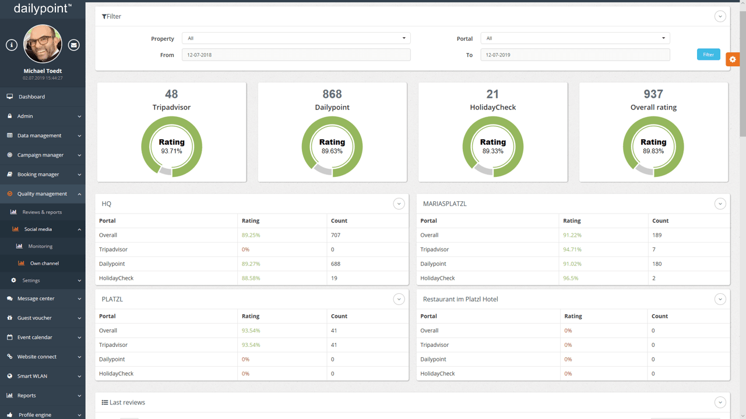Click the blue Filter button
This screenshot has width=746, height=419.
[x=708, y=55]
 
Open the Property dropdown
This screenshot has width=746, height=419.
[x=296, y=38]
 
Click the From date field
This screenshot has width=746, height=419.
[x=296, y=55]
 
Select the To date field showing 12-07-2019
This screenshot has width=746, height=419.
[x=575, y=55]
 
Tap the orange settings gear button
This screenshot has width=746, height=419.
[x=733, y=59]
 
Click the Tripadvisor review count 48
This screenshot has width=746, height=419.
[x=171, y=94]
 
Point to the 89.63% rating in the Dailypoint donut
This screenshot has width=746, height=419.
[x=332, y=151]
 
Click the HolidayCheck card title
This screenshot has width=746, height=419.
[x=492, y=107]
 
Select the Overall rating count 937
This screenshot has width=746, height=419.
[x=653, y=94]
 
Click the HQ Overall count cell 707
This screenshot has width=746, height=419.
[x=336, y=235]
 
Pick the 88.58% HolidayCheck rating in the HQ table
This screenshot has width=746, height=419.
[x=251, y=278]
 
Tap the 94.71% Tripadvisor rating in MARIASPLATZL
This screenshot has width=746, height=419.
[x=572, y=250]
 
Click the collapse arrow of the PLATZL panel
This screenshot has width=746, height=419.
[x=399, y=299]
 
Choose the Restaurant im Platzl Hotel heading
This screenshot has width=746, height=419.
[x=460, y=299]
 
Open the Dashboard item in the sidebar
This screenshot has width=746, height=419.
[x=31, y=97]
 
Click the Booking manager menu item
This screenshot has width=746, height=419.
[x=38, y=175]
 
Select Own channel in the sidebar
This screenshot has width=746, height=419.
[x=44, y=264]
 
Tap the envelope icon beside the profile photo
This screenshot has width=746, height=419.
[x=73, y=45]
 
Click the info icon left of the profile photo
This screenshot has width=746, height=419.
[x=12, y=45]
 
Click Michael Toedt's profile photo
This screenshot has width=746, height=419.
[x=43, y=44]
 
